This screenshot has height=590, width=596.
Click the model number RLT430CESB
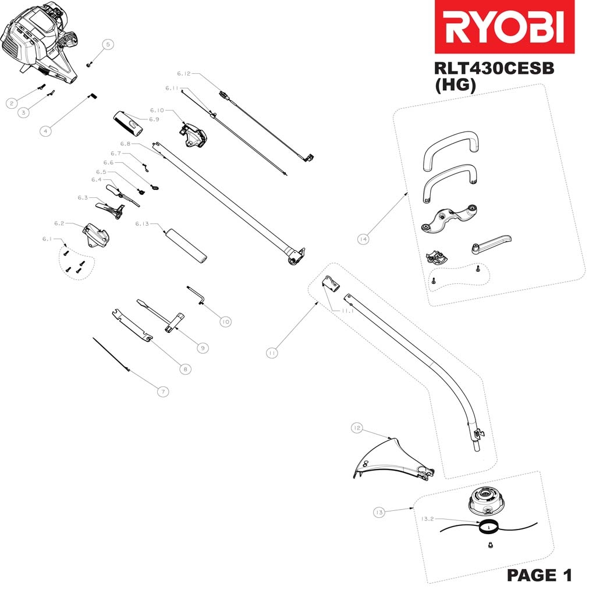(x=494, y=69)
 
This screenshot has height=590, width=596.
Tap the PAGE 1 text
(x=539, y=575)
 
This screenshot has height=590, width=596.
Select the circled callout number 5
(x=108, y=44)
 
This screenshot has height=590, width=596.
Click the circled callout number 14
(x=364, y=239)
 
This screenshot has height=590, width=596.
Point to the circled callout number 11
(x=272, y=352)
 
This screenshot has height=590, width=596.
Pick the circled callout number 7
(x=163, y=392)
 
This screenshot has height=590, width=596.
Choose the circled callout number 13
(x=379, y=512)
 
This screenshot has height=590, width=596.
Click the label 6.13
(x=142, y=223)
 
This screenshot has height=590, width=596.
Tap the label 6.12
(x=184, y=74)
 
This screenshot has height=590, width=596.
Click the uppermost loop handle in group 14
(x=450, y=148)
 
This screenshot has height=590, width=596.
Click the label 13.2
(x=427, y=519)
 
